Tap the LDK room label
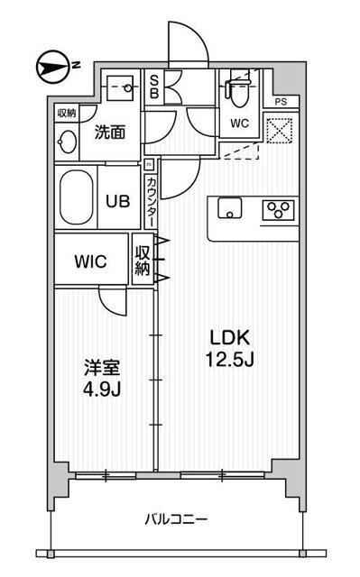(230, 337)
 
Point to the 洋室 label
(102, 369)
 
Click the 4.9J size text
(102, 390)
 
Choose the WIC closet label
(91, 262)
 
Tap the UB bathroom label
(119, 200)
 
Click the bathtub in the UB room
(77, 196)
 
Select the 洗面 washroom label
(109, 133)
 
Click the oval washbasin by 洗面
(67, 142)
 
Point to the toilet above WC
(238, 91)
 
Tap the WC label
(239, 123)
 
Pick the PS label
(282, 102)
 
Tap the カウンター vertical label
(151, 201)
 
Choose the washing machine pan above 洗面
(119, 88)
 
